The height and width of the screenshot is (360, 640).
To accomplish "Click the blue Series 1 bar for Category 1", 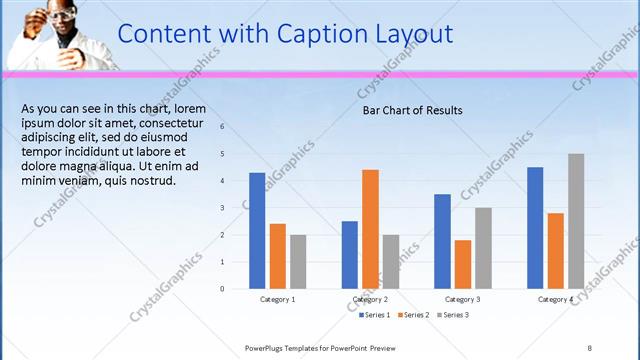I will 257,231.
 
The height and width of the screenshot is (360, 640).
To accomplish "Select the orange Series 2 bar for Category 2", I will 370,229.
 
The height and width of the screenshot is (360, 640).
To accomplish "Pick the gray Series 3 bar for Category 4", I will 576,221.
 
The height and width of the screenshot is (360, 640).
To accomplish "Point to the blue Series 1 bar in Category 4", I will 535,228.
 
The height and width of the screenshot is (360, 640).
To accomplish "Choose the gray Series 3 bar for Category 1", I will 298,262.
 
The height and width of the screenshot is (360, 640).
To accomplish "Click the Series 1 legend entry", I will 376,315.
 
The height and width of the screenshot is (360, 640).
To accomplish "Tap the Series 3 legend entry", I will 453,315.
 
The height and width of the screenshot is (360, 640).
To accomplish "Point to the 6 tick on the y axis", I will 223,127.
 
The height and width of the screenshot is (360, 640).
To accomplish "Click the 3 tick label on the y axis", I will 223,208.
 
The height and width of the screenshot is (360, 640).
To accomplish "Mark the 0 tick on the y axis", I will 223,289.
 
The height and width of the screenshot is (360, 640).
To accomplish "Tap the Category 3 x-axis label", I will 462,300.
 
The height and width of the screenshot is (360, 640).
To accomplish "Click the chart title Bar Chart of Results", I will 412,110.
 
